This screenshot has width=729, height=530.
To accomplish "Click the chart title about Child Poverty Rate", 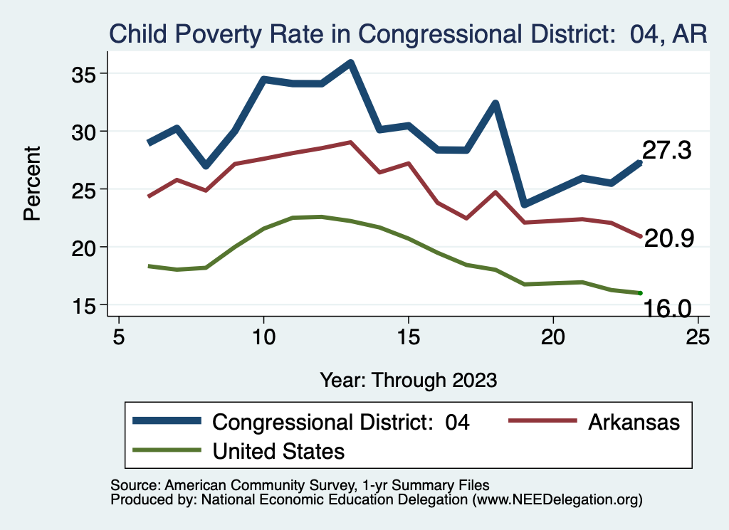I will [x=407, y=34].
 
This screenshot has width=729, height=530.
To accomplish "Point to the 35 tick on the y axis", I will [x=88, y=73].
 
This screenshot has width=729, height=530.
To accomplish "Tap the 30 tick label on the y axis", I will [x=88, y=132].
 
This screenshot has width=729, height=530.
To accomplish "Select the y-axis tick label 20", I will [x=88, y=247].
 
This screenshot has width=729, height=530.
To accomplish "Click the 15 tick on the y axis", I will [x=88, y=305].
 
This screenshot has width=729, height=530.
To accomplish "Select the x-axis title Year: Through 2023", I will [x=408, y=379].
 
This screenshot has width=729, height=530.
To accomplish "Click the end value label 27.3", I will [x=667, y=150].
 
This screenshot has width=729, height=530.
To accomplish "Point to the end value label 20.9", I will [x=668, y=239].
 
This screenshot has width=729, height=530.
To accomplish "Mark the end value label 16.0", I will [x=667, y=308].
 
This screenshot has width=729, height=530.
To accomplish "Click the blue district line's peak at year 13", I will [x=350, y=63].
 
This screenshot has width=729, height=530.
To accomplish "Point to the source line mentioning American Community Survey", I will [x=300, y=485].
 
